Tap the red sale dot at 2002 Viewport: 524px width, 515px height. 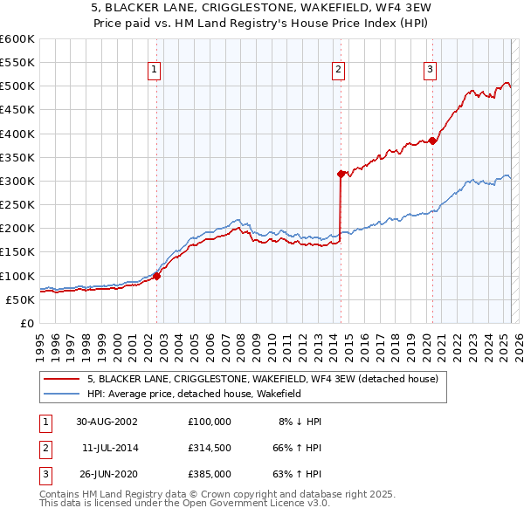(157, 276)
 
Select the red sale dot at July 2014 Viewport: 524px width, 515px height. (341, 174)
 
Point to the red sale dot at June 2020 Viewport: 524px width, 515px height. (432, 141)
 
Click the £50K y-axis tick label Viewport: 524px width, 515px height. (20, 299)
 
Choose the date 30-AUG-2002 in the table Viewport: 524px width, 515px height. (106, 422)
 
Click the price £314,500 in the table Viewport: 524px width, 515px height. (209, 448)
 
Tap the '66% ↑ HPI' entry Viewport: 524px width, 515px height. (296, 448)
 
